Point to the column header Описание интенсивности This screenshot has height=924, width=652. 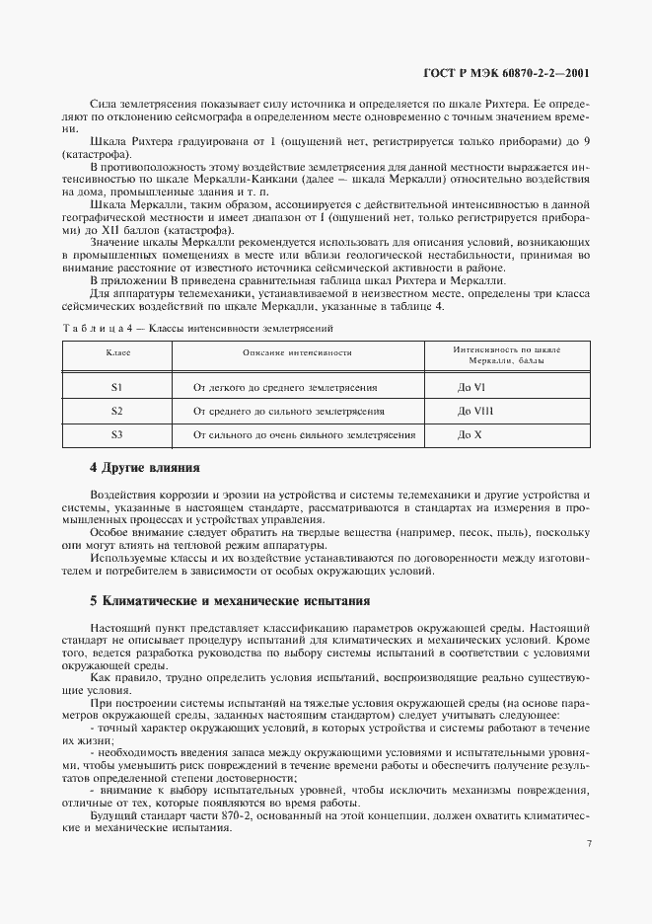point(297,352)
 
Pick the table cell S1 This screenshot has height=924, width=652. point(116,388)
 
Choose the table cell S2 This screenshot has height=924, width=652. point(116,411)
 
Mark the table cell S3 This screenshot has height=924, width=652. point(116,434)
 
